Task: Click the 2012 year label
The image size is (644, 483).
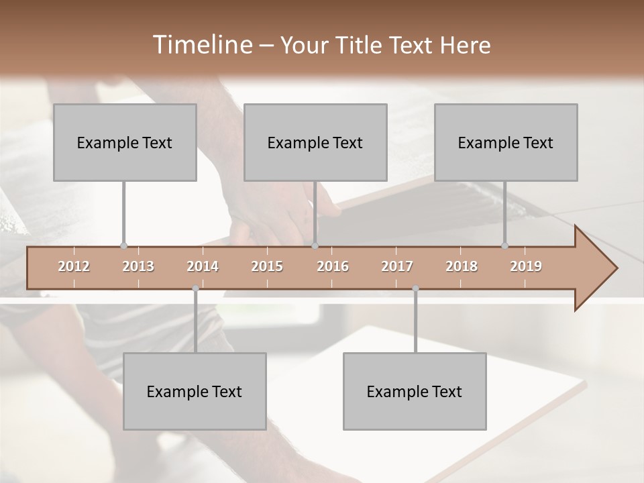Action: click(74, 266)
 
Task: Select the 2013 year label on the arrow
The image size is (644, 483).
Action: click(138, 266)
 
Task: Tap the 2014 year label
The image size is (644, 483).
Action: click(203, 266)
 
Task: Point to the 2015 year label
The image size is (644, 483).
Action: click(267, 266)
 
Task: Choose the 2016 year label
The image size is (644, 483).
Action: click(333, 266)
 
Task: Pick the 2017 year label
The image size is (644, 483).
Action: click(397, 266)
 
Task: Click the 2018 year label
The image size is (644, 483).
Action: click(462, 266)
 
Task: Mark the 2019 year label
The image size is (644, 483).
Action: click(526, 266)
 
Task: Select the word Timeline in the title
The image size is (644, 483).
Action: click(201, 45)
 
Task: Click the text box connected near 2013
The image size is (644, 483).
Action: click(125, 142)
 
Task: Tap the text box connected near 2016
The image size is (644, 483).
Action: click(315, 142)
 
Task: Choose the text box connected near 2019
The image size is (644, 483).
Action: click(506, 142)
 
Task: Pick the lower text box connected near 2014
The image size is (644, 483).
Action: click(195, 391)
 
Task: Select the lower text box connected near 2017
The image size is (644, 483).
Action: click(415, 391)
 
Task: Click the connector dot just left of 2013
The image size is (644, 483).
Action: click(123, 246)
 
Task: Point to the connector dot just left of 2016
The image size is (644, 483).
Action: click(315, 246)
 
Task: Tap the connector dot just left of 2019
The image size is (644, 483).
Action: click(505, 246)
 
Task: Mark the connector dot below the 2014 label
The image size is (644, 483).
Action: click(195, 289)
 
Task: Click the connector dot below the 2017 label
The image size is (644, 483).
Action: click(415, 289)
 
